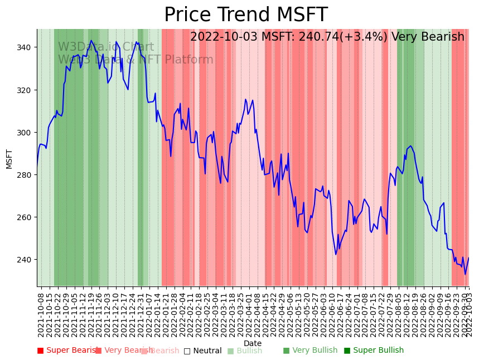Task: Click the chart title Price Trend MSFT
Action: coord(245,15)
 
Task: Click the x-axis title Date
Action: coord(253,343)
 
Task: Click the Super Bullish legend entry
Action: coord(373,351)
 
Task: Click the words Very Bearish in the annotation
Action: coord(428,37)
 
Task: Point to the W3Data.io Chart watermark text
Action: coord(106,47)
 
